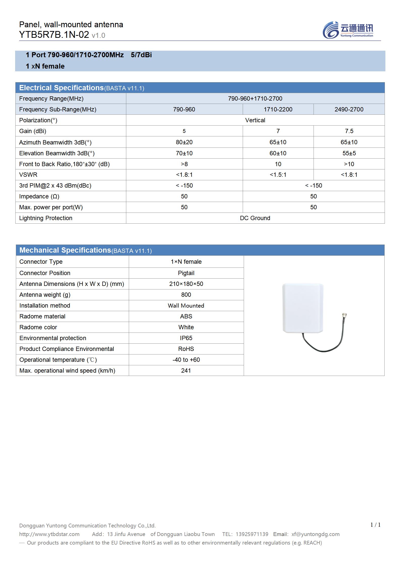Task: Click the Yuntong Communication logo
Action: [348, 30]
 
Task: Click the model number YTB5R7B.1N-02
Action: [54, 35]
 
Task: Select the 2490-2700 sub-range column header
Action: [349, 109]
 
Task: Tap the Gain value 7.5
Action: [349, 131]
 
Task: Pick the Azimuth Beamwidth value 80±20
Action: [184, 142]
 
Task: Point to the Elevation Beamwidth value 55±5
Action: [349, 153]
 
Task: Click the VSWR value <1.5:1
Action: [278, 175]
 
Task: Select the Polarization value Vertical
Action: [255, 120]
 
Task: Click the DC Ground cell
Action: [255, 218]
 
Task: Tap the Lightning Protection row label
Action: [46, 218]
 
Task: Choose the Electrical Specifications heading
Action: [61, 88]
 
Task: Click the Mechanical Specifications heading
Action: [65, 250]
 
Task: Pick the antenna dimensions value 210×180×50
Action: [186, 284]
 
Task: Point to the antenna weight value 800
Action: [186, 295]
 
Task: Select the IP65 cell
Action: [186, 338]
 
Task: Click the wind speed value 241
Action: [186, 371]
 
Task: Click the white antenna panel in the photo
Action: [302, 308]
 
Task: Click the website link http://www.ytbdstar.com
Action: [49, 534]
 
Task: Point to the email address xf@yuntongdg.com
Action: [315, 534]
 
